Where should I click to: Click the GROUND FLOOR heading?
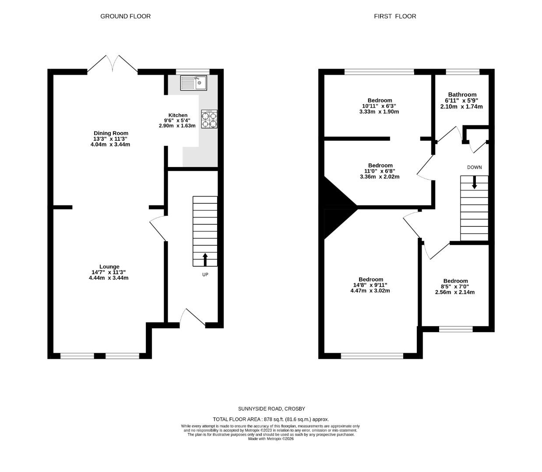(125, 17)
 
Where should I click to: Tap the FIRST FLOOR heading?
(395, 17)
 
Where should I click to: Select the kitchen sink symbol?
(194, 83)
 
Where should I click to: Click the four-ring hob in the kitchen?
(209, 119)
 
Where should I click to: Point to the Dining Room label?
(111, 133)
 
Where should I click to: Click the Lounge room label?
(109, 267)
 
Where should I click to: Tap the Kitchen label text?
(178, 115)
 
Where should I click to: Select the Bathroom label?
(462, 95)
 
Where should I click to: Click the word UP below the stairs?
(205, 274)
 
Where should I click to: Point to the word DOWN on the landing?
(474, 167)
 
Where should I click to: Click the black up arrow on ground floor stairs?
(205, 260)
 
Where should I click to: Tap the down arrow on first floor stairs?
(474, 182)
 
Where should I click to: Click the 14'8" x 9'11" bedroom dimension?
(370, 285)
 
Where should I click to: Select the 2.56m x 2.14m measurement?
(455, 292)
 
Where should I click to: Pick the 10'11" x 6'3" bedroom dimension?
(379, 106)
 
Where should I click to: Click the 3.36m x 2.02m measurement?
(380, 177)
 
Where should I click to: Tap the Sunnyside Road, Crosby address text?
(271, 409)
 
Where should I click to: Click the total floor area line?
(271, 419)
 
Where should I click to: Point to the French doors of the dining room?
(113, 64)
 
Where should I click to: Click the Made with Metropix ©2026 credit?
(271, 439)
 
